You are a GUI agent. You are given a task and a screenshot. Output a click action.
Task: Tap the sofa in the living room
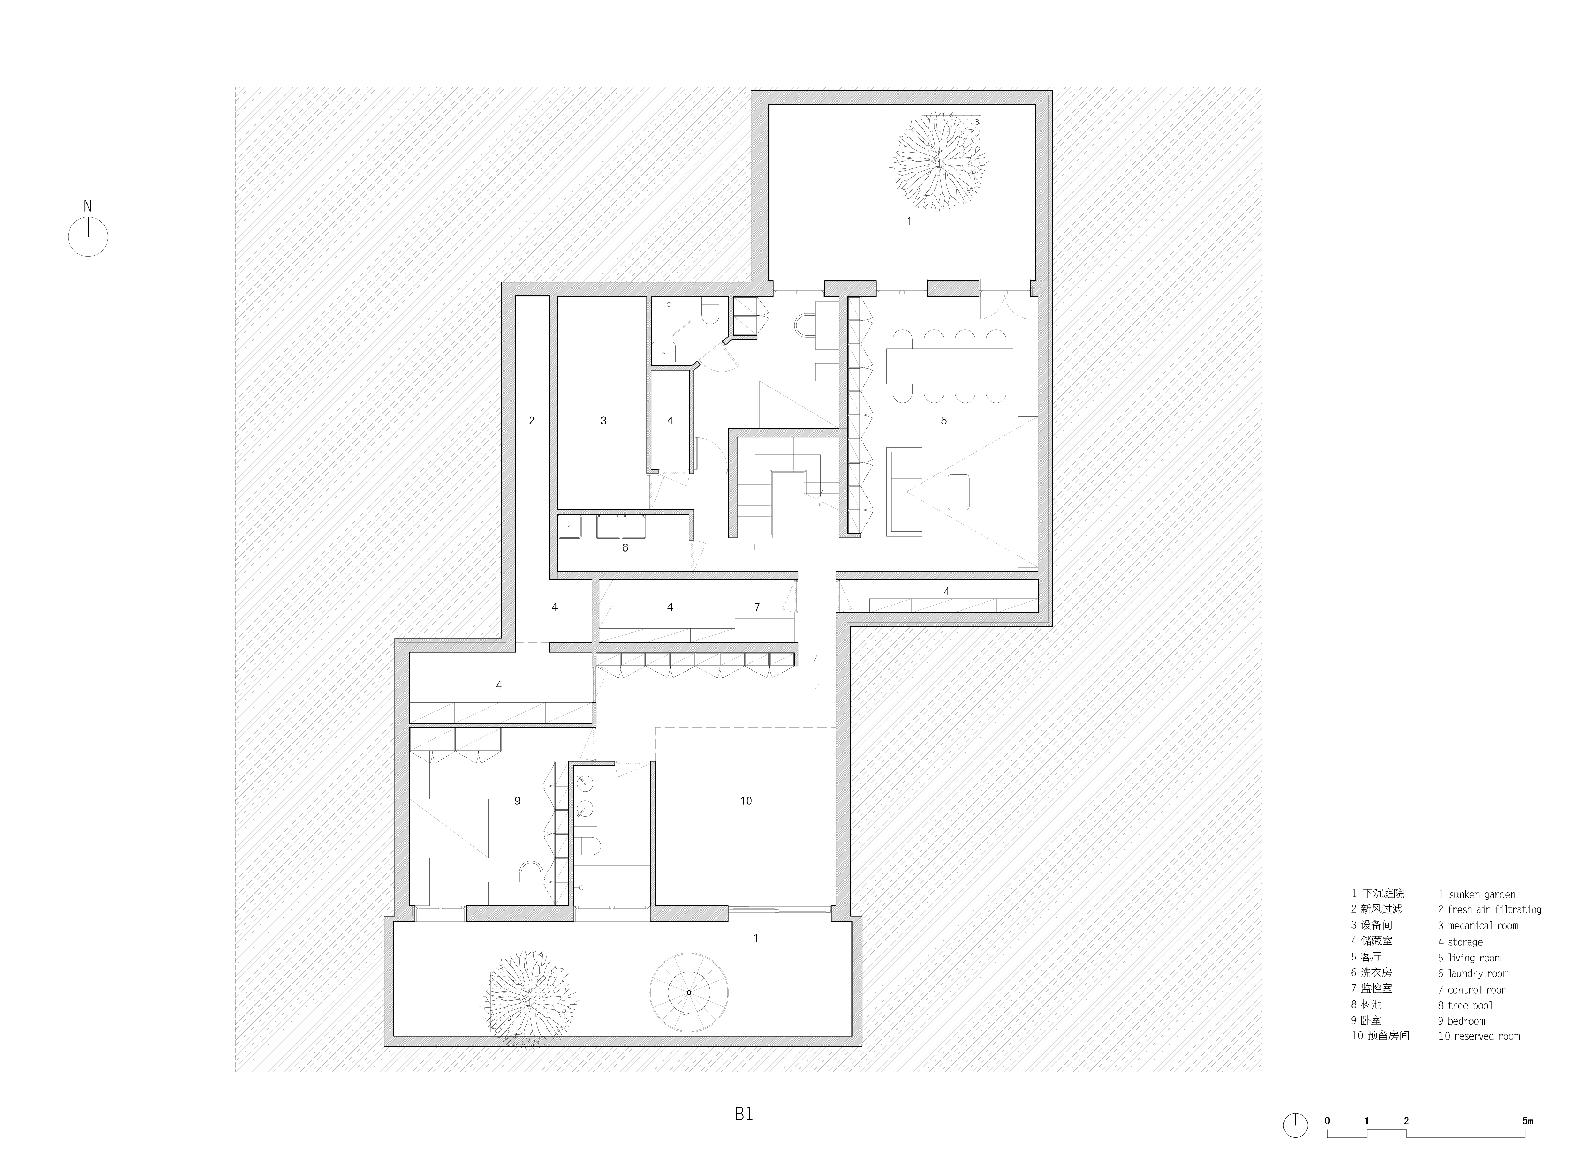[x=904, y=491]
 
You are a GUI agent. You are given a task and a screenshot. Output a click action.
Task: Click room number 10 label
[x=745, y=801]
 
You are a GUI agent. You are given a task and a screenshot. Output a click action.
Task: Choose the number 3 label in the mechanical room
[x=603, y=421]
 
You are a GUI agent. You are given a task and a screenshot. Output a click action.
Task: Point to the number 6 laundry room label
[x=626, y=547]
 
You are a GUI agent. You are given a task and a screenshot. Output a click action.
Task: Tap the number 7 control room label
[x=757, y=607]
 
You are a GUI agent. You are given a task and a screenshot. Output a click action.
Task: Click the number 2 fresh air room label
[x=531, y=421]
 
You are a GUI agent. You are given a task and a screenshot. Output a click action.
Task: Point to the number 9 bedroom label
[x=517, y=801]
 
